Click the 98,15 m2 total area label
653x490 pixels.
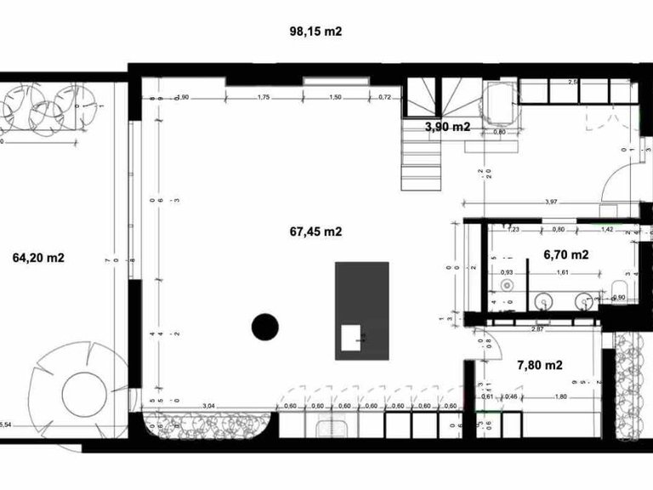coord(315,31)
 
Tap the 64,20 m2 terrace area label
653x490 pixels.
coord(39,257)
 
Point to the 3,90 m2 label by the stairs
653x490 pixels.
coord(447,127)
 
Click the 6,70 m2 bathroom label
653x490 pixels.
coord(566,254)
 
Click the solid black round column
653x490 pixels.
coord(265,326)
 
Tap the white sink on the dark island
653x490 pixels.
coord(351,337)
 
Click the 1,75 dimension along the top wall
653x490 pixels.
coord(263,98)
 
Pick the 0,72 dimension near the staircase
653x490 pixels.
coord(384,98)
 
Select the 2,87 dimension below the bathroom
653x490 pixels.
coord(537,328)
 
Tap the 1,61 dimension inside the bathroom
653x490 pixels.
coord(562,272)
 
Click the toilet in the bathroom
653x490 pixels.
coord(621,286)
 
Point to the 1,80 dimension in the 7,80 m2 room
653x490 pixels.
coord(560,396)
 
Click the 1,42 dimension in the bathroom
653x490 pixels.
coord(607,230)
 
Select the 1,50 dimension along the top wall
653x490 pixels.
coord(335,98)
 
